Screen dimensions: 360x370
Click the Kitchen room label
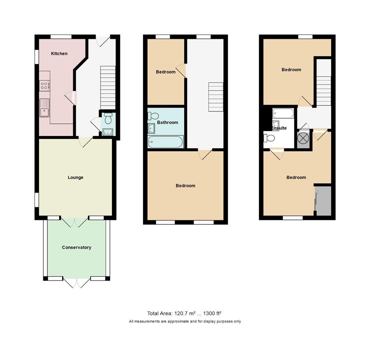(59, 54)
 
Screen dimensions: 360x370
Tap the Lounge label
(75, 177)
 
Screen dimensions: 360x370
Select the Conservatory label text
(76, 247)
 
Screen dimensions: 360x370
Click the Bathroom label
(167, 122)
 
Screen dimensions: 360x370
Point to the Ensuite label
(279, 128)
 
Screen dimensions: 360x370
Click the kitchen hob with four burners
(44, 86)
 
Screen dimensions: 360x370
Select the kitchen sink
(44, 108)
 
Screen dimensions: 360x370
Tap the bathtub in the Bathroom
(166, 142)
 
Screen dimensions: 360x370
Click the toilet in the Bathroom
(153, 116)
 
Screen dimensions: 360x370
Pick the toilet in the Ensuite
(269, 138)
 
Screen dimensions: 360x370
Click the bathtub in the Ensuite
(283, 113)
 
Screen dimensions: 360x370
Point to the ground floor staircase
(108, 87)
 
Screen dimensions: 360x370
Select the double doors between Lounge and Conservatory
(75, 222)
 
